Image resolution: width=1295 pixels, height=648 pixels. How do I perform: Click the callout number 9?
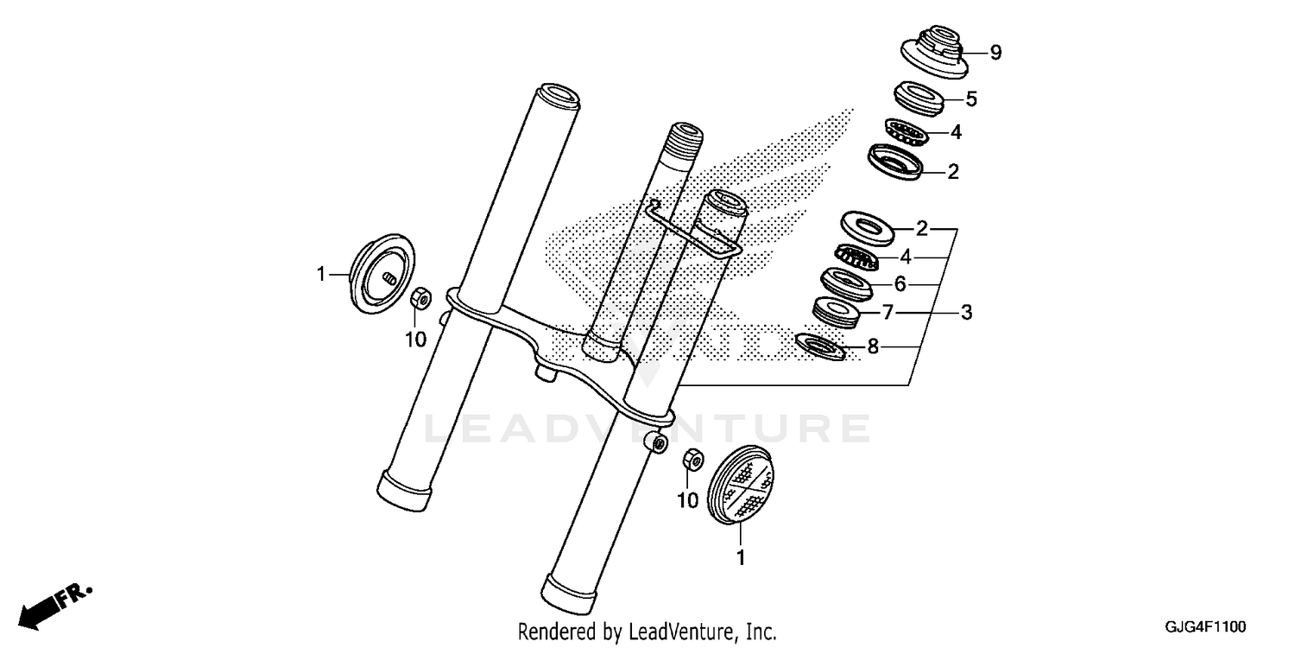[995, 53]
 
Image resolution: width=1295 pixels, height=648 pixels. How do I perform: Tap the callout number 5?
[971, 99]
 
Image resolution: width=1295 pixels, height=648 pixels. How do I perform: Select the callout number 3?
[966, 312]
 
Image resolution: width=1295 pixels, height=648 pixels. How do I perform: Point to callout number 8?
[873, 347]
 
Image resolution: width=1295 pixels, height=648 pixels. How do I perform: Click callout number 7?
[888, 312]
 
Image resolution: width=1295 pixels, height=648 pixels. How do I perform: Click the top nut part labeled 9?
[932, 52]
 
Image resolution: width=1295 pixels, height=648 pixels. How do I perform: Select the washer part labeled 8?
[818, 346]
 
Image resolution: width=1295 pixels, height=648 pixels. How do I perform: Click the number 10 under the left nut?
[416, 340]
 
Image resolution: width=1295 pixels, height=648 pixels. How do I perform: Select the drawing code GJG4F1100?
[1207, 626]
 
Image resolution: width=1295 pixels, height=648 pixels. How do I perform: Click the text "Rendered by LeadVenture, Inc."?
[647, 632]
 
